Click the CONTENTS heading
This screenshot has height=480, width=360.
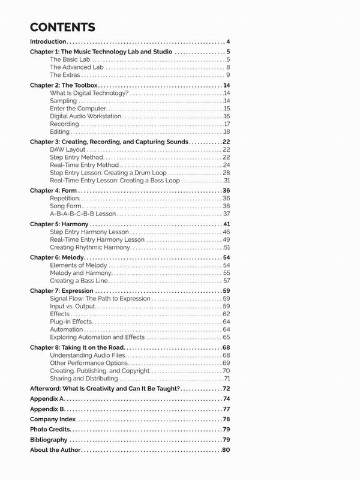point(62,27)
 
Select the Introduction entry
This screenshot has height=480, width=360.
point(48,42)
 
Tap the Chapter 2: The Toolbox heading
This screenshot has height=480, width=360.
point(64,86)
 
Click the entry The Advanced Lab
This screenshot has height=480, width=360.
point(73,67)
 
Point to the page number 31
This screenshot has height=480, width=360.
point(227,180)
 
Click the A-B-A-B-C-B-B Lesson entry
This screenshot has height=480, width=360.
point(83,214)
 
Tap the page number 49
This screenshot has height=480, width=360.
point(226,239)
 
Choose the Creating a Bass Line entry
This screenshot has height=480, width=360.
point(79,280)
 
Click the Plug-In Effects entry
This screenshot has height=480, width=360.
point(71,322)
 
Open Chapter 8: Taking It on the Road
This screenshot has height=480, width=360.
point(78,347)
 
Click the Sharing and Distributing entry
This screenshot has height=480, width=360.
point(84,379)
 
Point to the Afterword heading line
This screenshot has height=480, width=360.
point(105,389)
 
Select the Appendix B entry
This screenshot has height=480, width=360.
point(46,409)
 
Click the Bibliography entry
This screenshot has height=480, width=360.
point(50,440)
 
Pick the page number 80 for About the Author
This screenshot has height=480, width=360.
point(226,450)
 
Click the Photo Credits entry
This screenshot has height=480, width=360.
point(50,429)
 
